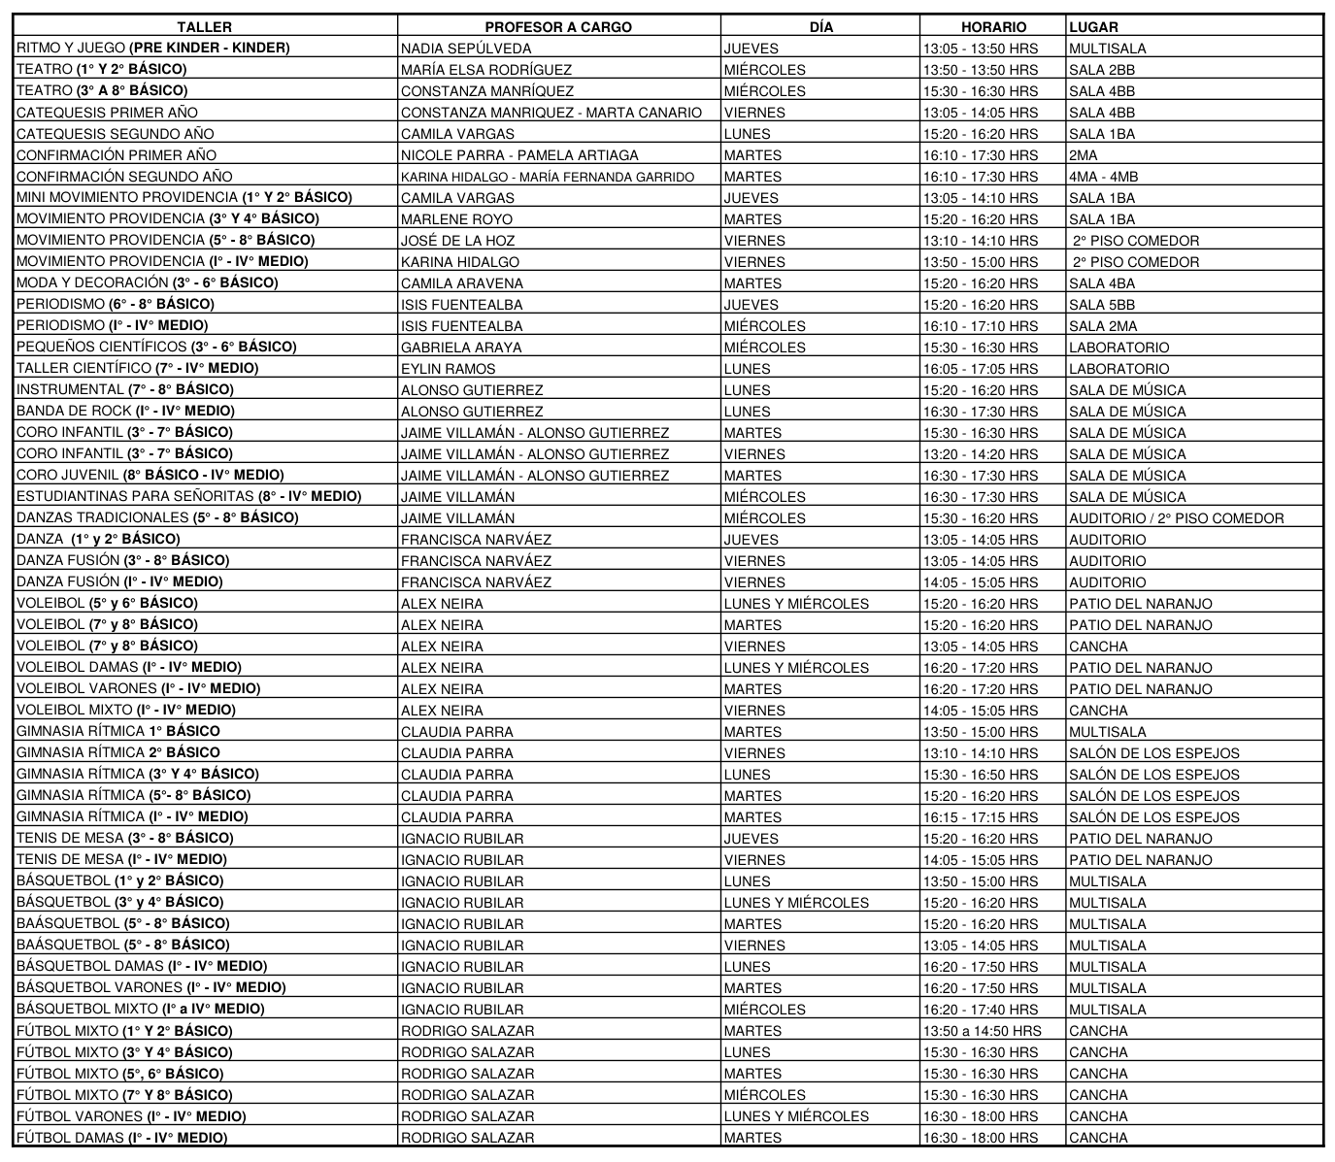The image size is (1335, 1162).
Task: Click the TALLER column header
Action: coord(205,27)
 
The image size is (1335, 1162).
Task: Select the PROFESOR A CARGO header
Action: coord(558,27)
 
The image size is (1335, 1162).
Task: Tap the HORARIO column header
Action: coord(993,27)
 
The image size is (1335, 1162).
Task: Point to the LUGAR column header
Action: coord(1093,27)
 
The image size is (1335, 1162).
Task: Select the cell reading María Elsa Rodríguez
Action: coord(485,70)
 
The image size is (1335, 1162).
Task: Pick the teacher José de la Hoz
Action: coord(457,241)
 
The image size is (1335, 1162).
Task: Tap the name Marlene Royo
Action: coord(448,219)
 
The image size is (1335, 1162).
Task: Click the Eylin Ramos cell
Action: coord(448,369)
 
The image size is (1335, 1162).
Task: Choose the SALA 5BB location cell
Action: coord(1102,305)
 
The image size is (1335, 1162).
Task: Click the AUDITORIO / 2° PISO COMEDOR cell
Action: coord(1176,518)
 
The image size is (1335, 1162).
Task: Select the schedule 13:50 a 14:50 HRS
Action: coord(982,1031)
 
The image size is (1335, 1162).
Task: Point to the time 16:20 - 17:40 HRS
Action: coord(980,1010)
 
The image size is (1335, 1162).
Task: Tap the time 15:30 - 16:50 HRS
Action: coord(980,775)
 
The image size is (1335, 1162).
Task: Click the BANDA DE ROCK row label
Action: coord(124,412)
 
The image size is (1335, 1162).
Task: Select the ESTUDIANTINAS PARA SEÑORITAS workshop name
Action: coord(188,497)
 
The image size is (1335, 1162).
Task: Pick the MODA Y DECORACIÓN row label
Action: coord(147,283)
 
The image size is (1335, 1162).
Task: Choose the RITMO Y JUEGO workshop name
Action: coord(152,49)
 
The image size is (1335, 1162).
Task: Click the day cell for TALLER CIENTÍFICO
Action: coord(747,369)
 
